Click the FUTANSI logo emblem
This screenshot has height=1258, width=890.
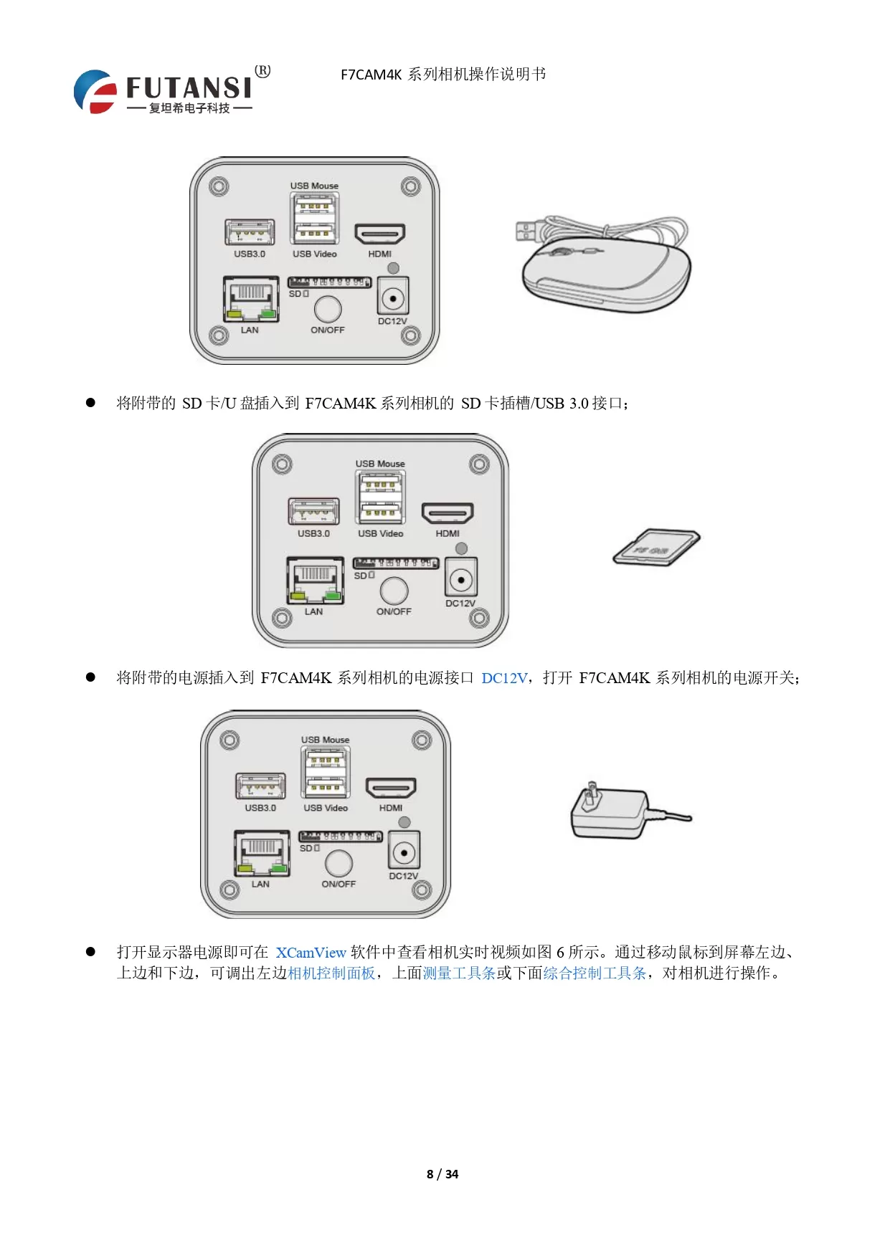[x=95, y=91]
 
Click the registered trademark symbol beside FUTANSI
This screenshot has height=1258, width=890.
[x=263, y=71]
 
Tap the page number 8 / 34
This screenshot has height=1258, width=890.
[x=442, y=1173]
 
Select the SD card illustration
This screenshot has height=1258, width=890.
[x=656, y=548]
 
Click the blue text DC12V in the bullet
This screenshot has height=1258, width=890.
[x=504, y=678]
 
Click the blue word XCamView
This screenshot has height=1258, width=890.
[x=311, y=953]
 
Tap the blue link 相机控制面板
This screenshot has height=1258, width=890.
[x=331, y=973]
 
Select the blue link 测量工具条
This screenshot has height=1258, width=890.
[x=459, y=973]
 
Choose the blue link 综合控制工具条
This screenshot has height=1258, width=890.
[x=595, y=973]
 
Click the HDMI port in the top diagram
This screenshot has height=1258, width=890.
[x=380, y=234]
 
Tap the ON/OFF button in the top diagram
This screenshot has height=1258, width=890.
[x=328, y=309]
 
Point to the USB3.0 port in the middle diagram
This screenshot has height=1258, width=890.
[x=313, y=511]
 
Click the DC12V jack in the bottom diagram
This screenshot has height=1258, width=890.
[x=404, y=852]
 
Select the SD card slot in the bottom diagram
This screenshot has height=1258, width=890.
[x=341, y=837]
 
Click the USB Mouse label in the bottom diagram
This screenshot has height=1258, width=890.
[x=325, y=740]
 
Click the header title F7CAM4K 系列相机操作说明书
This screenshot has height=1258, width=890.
[x=442, y=75]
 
